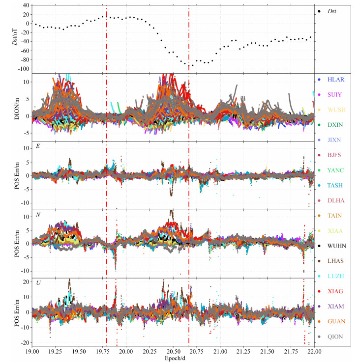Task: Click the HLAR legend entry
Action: coord(331,80)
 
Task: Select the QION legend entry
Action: coord(330,336)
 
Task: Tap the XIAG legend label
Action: coord(335,291)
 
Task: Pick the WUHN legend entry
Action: coord(331,246)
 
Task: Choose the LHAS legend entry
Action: coord(330,261)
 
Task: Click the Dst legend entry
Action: coord(327,11)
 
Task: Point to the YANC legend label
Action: coord(335,170)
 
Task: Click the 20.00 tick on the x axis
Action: coord(126,351)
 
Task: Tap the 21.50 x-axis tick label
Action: coord(267,351)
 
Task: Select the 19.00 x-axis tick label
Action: coord(32,351)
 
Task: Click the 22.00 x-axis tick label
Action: coord(314,351)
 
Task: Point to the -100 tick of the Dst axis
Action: coord(24,69)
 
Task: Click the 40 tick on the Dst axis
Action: coord(26,5)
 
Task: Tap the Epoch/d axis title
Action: coord(175,358)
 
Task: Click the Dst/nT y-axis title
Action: coord(15,37)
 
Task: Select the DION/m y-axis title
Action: coord(17,108)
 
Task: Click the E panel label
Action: coord(38,146)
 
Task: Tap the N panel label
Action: coord(38,215)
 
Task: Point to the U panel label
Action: coord(38,283)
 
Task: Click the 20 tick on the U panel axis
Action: coord(26,282)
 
